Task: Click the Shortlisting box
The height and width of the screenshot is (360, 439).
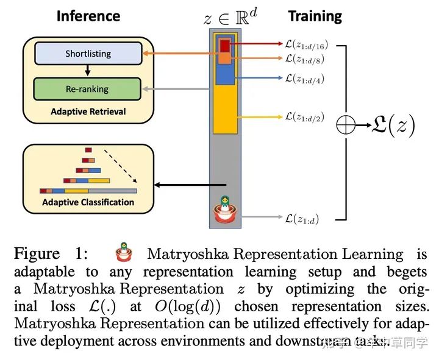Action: (88, 54)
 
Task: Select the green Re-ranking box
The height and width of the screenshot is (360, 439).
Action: (87, 89)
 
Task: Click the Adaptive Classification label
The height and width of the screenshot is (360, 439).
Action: (88, 202)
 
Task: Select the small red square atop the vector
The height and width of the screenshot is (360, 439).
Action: (225, 45)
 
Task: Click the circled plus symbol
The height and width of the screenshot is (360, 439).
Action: (346, 125)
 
